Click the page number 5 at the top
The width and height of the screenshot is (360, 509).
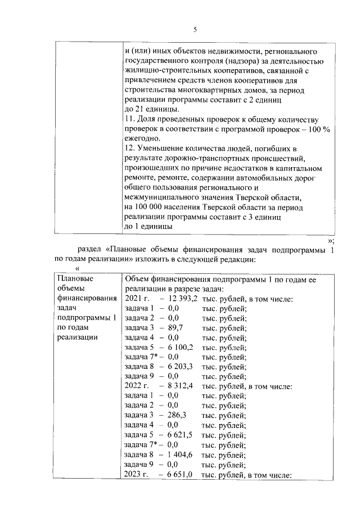tap(195, 29)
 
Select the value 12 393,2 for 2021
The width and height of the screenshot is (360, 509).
tap(178, 299)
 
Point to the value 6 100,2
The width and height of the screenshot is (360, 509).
tap(178, 348)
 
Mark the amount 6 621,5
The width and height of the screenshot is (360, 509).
tap(178, 436)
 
